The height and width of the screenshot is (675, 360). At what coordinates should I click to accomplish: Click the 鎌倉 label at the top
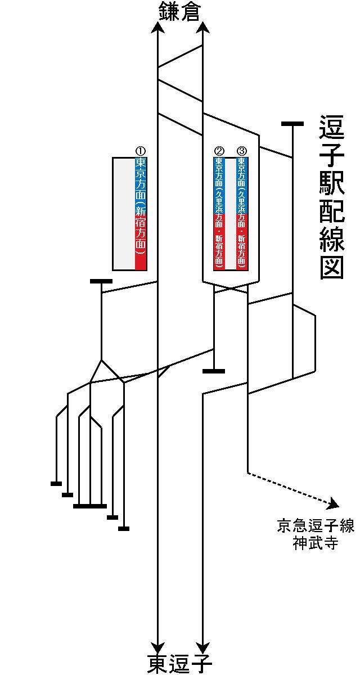(x=179, y=12)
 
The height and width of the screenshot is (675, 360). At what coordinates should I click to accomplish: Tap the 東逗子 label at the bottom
(x=179, y=664)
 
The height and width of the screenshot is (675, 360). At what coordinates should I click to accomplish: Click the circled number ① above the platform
(x=141, y=151)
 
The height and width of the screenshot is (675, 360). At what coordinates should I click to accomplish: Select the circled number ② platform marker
(x=219, y=151)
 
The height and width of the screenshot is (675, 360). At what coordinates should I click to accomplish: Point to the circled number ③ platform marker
(x=242, y=151)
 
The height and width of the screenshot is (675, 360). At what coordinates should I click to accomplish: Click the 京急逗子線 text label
(x=315, y=526)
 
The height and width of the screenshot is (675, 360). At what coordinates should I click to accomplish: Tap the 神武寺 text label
(x=315, y=543)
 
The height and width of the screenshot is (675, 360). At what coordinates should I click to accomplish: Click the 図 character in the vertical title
(x=331, y=267)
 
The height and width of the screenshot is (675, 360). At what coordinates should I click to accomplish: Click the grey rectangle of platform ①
(x=124, y=214)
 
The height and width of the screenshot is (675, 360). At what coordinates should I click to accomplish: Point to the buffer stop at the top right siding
(x=292, y=123)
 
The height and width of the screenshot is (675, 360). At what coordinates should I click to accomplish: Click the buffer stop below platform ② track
(x=214, y=371)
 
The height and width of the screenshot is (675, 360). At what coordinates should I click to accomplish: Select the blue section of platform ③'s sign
(x=242, y=186)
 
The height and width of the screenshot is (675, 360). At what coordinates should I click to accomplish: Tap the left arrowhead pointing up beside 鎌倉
(x=157, y=28)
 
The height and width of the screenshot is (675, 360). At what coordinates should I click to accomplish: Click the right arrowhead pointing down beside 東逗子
(x=202, y=647)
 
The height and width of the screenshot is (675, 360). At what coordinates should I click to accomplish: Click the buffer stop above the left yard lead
(x=101, y=281)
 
